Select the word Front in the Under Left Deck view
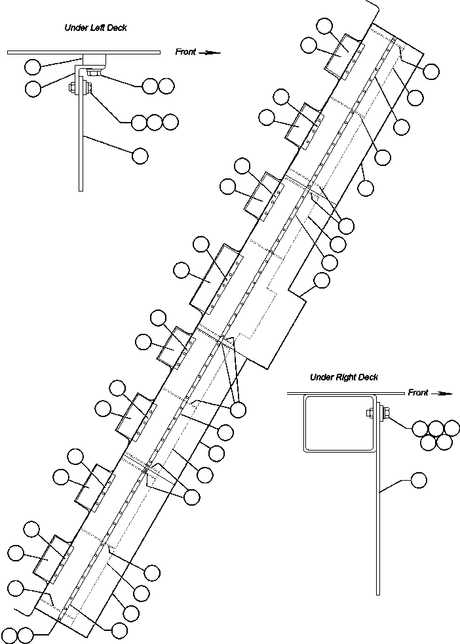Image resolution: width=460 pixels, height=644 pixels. coord(185,52)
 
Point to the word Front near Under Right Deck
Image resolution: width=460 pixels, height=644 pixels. coord(418,393)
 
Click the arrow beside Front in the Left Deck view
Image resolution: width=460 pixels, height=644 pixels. coord(210,52)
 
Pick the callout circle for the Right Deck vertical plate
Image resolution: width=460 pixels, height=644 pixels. coord(418,481)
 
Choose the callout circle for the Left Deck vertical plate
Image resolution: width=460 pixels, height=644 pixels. coord(140,155)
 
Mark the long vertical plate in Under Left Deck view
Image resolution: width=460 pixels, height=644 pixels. coord(81,144)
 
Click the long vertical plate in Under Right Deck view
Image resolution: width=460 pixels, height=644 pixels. coord(378,512)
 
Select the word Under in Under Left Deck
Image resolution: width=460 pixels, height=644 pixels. coord(75,28)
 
